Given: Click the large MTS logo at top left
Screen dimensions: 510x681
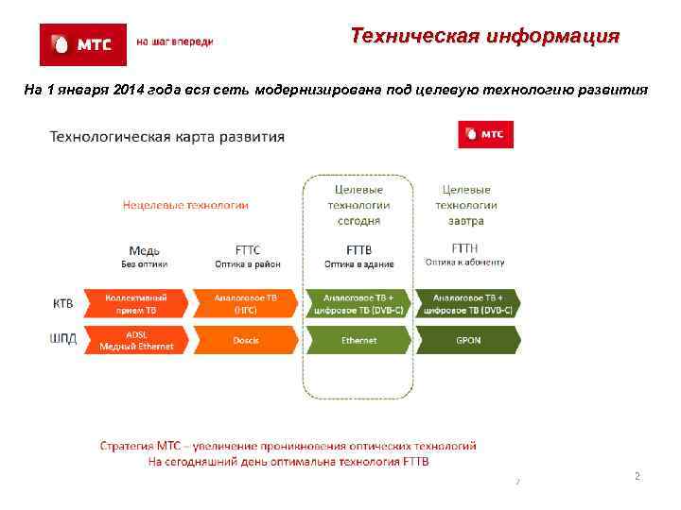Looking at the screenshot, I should point(82,43).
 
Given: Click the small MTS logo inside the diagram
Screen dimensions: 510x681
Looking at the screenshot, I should point(485,134).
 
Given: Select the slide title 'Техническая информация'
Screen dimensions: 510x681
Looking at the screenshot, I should point(484,37).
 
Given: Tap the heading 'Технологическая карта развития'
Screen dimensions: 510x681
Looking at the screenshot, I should point(166,137).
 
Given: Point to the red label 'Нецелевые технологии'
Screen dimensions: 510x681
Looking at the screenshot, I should point(185,204).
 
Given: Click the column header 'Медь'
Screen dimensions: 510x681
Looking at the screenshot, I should point(144,249).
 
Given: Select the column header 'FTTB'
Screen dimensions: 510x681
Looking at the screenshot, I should point(358,249).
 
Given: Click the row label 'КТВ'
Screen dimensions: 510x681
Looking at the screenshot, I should point(62,303).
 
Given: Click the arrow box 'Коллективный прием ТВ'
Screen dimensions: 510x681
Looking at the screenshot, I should point(139,303).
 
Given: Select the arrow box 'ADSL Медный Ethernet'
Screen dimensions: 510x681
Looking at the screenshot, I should point(139,340).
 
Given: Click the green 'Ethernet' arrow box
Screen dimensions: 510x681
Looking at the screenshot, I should point(358,340).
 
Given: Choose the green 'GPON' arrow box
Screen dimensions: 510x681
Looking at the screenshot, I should point(468,340).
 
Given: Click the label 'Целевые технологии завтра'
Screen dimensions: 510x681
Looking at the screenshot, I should point(466,205).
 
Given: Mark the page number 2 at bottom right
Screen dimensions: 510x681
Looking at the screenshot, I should point(637,477).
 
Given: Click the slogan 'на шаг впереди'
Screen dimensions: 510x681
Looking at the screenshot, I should point(175,42).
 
